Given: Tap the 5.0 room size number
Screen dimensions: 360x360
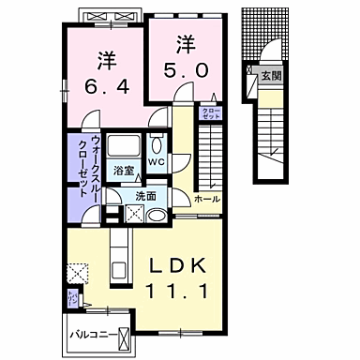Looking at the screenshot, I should [185, 70].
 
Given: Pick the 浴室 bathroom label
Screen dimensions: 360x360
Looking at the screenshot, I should [123, 172].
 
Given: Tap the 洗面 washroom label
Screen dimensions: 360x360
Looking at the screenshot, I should [144, 197].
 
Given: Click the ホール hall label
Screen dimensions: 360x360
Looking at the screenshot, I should [206, 200].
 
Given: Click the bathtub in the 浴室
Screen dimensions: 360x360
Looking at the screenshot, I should [123, 147].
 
